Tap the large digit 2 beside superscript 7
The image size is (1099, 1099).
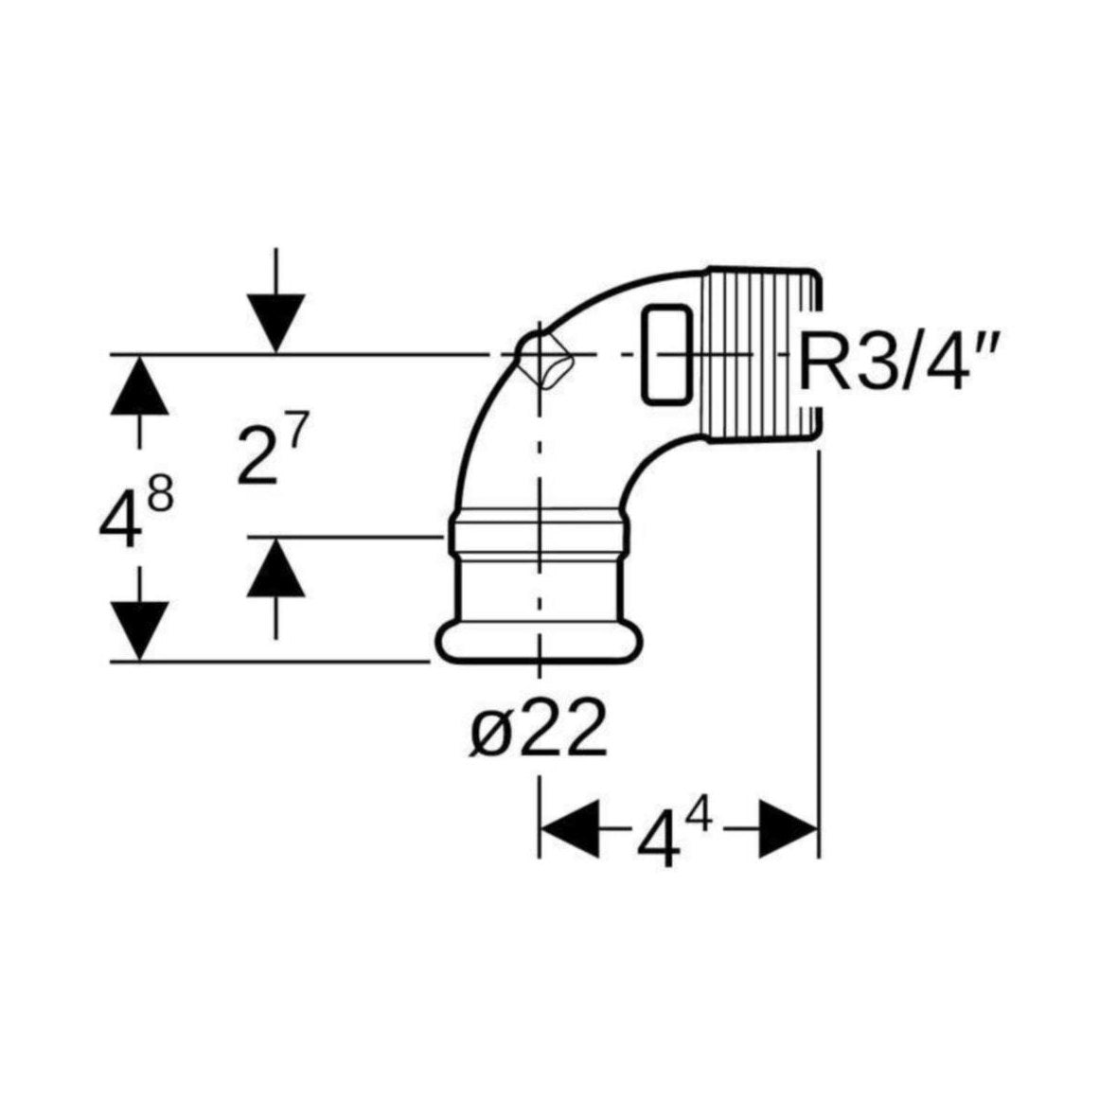[x=257, y=455]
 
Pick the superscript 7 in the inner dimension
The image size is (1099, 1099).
[x=295, y=434]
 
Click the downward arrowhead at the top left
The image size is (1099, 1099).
[x=276, y=323]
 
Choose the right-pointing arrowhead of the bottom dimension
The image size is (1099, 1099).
[x=789, y=827]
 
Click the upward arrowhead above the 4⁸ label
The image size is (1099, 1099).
[x=139, y=384]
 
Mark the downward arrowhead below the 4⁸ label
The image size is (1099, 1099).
[x=139, y=630]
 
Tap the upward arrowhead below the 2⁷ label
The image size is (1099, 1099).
[x=276, y=566]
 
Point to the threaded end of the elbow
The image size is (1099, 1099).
[x=760, y=356]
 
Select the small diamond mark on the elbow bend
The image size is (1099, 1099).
[x=547, y=360]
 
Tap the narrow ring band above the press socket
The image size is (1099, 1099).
[x=539, y=531]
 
